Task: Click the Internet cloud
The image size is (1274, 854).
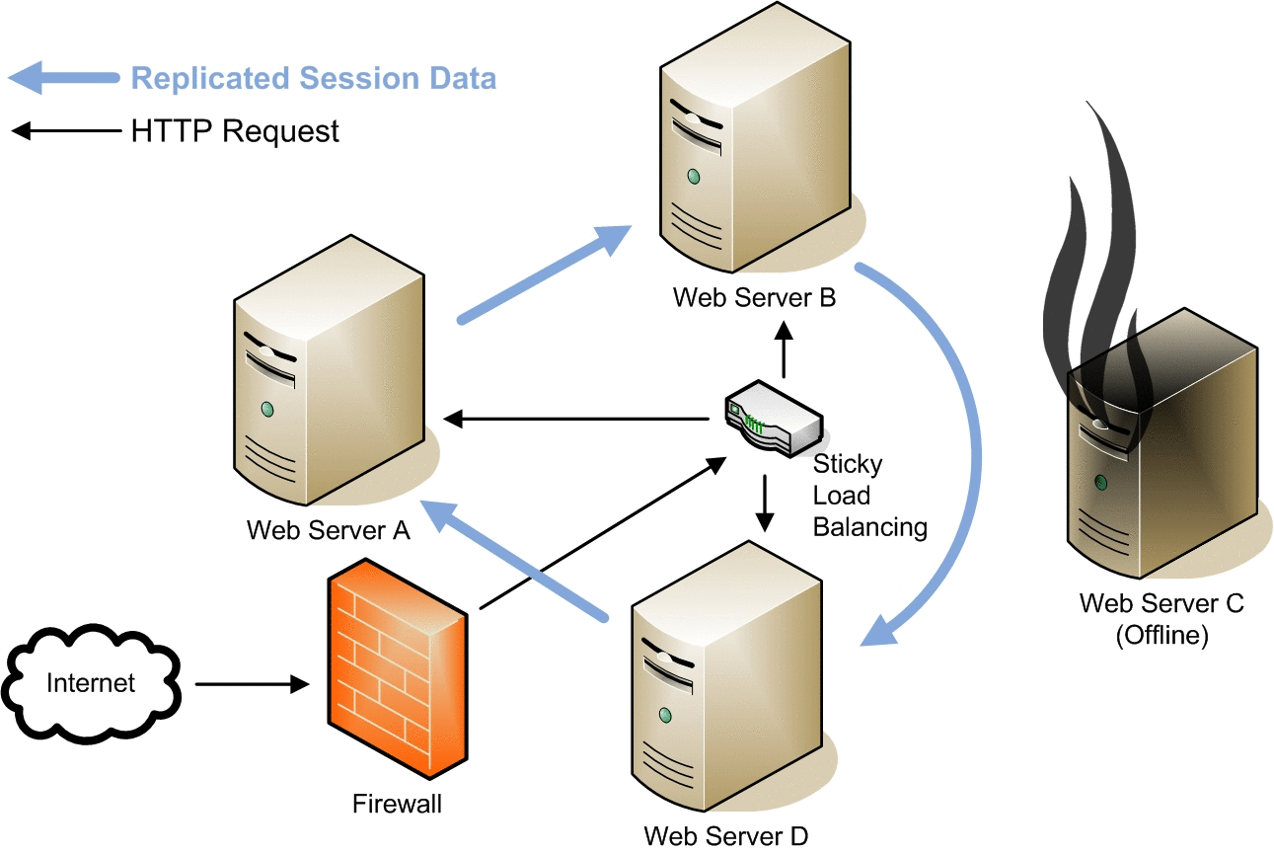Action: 91,683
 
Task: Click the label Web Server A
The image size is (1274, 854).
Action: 328,530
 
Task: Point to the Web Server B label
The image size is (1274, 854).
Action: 754,296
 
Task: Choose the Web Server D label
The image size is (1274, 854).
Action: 725,835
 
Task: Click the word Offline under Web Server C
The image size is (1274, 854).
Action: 1162,635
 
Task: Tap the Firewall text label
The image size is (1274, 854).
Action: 397,805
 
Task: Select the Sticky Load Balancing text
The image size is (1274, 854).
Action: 868,496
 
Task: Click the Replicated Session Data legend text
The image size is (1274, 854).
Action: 314,79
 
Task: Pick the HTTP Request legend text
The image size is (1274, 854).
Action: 235,131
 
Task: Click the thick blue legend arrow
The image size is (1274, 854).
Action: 65,77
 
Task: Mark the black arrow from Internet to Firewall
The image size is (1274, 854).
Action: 253,683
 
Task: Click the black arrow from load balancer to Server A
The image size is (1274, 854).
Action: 577,420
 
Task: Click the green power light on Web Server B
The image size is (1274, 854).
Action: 694,176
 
